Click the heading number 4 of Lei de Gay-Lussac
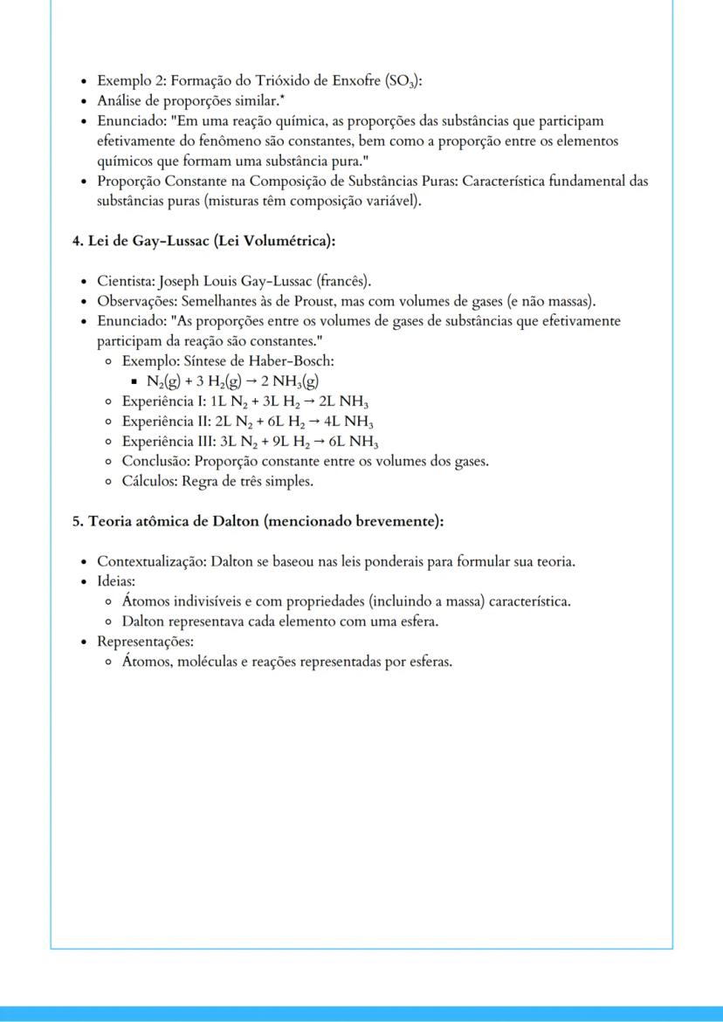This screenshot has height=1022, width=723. point(77,241)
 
